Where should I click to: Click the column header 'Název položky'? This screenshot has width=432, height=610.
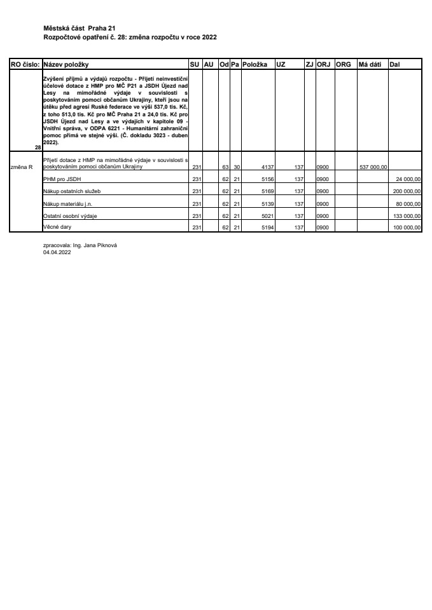[x=66, y=65]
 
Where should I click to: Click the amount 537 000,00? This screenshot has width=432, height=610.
[x=373, y=167]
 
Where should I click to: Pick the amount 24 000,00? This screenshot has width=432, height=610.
[x=408, y=179]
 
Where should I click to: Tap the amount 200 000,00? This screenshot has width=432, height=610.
[x=407, y=191]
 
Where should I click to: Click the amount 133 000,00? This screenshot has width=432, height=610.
[x=407, y=216]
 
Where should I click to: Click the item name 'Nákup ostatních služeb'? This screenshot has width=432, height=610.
[x=67, y=191]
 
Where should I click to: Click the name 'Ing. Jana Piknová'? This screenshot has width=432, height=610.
[x=96, y=246]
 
